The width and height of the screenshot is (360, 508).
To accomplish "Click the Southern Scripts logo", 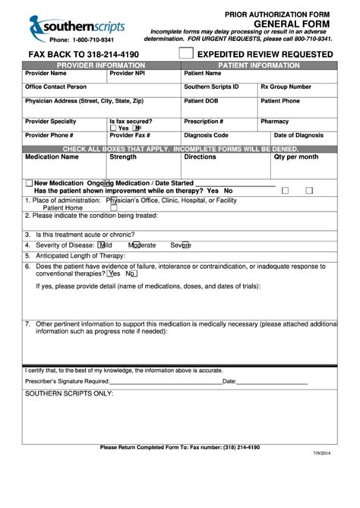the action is pos(76,28).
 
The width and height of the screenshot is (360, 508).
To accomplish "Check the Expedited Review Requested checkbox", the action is pos(186,54).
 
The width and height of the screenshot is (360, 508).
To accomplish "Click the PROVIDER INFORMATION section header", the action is pos(101,65).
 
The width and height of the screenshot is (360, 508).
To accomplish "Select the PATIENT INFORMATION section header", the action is pos(259,65).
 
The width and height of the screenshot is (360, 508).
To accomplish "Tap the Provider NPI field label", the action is pos(127,74).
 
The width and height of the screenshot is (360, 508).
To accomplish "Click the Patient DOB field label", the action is pos(201,101).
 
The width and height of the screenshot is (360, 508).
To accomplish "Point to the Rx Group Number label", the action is pos(286,87).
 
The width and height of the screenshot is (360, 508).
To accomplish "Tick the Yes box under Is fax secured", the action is pos(113,128).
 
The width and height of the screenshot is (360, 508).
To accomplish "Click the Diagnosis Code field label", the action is pos(206,135).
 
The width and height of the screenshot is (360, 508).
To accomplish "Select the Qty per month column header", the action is pos(296,157).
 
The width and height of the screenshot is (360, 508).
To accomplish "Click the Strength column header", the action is pos(123,157).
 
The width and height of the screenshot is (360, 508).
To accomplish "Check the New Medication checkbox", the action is pos(29,183).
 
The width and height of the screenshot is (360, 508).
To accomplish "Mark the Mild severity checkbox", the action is pos(102,245).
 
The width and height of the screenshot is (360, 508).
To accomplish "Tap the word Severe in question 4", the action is pos(180,245).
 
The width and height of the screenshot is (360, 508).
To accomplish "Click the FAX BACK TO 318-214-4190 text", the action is pos(84,55).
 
